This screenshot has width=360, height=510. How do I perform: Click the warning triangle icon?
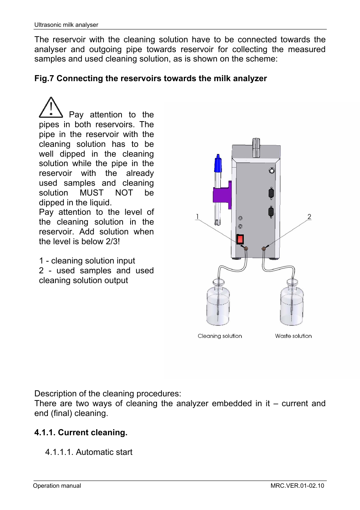coord(51,108)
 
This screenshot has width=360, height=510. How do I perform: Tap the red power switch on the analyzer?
coord(240,239)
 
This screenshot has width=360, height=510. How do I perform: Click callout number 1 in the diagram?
coord(197,217)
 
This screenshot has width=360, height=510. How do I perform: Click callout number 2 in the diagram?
coord(309,217)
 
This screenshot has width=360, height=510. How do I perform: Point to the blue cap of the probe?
coord(218,164)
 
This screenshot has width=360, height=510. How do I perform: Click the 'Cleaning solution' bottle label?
coord(220,336)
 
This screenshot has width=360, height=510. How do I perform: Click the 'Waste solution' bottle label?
coord(293,336)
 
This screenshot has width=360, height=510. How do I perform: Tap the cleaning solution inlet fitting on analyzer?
coord(246,249)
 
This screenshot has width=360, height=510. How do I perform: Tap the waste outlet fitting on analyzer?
coord(264,249)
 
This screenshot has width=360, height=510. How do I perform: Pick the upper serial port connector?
coord(271,193)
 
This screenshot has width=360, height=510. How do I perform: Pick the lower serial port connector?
coord(271,212)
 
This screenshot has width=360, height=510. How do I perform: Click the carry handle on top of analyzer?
coord(256,147)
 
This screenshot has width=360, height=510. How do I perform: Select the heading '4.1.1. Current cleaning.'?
coord(81,433)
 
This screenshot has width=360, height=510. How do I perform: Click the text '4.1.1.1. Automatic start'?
coord(89,452)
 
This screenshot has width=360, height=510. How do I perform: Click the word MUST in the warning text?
coord(91,193)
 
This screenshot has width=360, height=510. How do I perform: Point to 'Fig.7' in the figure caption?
coord(44,79)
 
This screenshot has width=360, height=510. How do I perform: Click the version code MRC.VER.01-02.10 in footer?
coord(297,486)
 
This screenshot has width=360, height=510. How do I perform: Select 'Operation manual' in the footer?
coord(57,486)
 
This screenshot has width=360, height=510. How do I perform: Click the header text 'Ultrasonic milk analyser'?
coord(66,25)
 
